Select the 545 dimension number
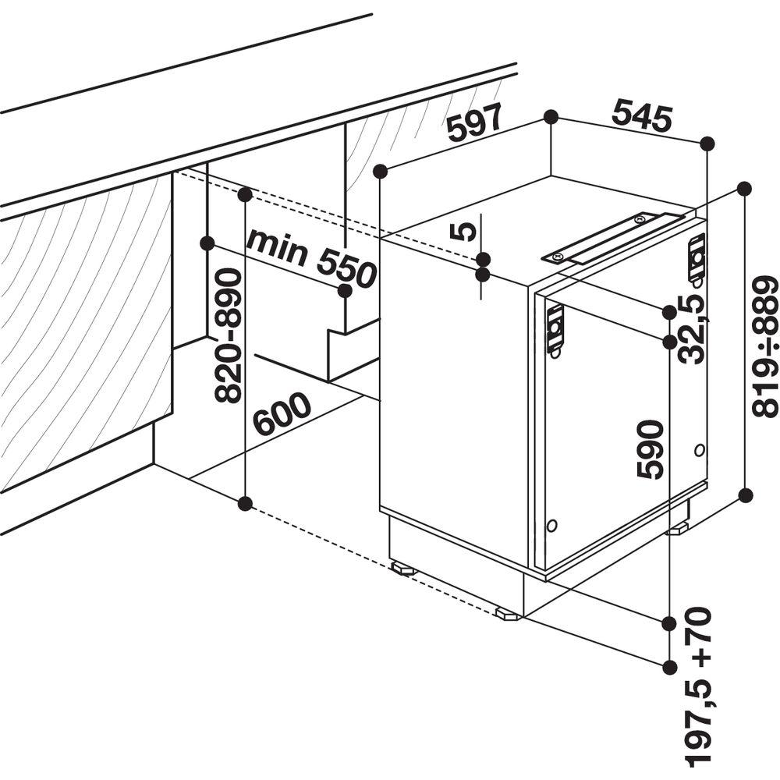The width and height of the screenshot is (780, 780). pyautogui.click(x=642, y=115)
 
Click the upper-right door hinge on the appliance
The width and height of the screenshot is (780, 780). pyautogui.click(x=697, y=259)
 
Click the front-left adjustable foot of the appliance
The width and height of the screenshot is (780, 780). pyautogui.click(x=404, y=568)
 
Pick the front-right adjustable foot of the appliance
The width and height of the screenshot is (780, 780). pyautogui.click(x=509, y=614)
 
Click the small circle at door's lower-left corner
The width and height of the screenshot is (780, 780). pyautogui.click(x=551, y=525)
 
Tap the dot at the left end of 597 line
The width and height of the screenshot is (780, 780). pyautogui.click(x=381, y=171)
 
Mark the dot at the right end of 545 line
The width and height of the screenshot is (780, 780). pyautogui.click(x=707, y=144)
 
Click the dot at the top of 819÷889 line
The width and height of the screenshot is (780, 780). pyautogui.click(x=745, y=189)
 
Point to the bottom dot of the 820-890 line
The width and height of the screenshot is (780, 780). pyautogui.click(x=244, y=504)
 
